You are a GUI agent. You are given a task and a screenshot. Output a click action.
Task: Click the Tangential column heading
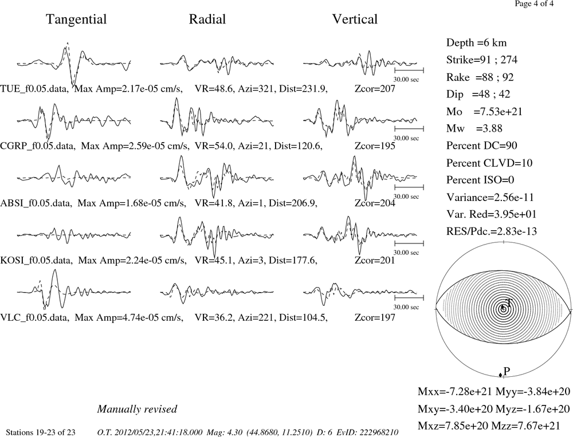pos(76,19)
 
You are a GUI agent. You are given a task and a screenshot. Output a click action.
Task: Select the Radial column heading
pos(207,19)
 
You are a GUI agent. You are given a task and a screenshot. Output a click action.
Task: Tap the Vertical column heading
pos(355,19)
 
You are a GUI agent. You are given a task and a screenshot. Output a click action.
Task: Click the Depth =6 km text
pos(477,43)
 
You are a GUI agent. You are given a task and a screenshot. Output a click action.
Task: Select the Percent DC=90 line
pos(482,145)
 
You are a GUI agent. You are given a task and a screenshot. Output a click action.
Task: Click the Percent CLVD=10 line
pos(489,163)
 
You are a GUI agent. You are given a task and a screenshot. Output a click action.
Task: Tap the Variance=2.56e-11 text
pos(490,197)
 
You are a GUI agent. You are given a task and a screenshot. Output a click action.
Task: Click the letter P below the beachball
pos(507,371)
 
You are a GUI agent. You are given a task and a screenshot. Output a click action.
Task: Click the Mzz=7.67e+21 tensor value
pos(533,426)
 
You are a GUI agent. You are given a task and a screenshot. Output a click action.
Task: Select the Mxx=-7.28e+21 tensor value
pos(455,391)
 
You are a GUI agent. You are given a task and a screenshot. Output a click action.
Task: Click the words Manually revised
pos(137,409)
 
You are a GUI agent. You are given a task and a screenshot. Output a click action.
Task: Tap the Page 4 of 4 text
pos(534,3)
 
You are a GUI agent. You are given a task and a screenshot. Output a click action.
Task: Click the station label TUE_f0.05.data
pos(34,89)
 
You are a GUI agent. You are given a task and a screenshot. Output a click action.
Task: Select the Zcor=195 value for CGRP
pos(375,146)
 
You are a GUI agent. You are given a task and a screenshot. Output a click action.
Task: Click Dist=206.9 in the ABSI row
pos(293,203)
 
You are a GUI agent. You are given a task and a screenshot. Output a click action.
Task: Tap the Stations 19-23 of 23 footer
pos(41,432)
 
